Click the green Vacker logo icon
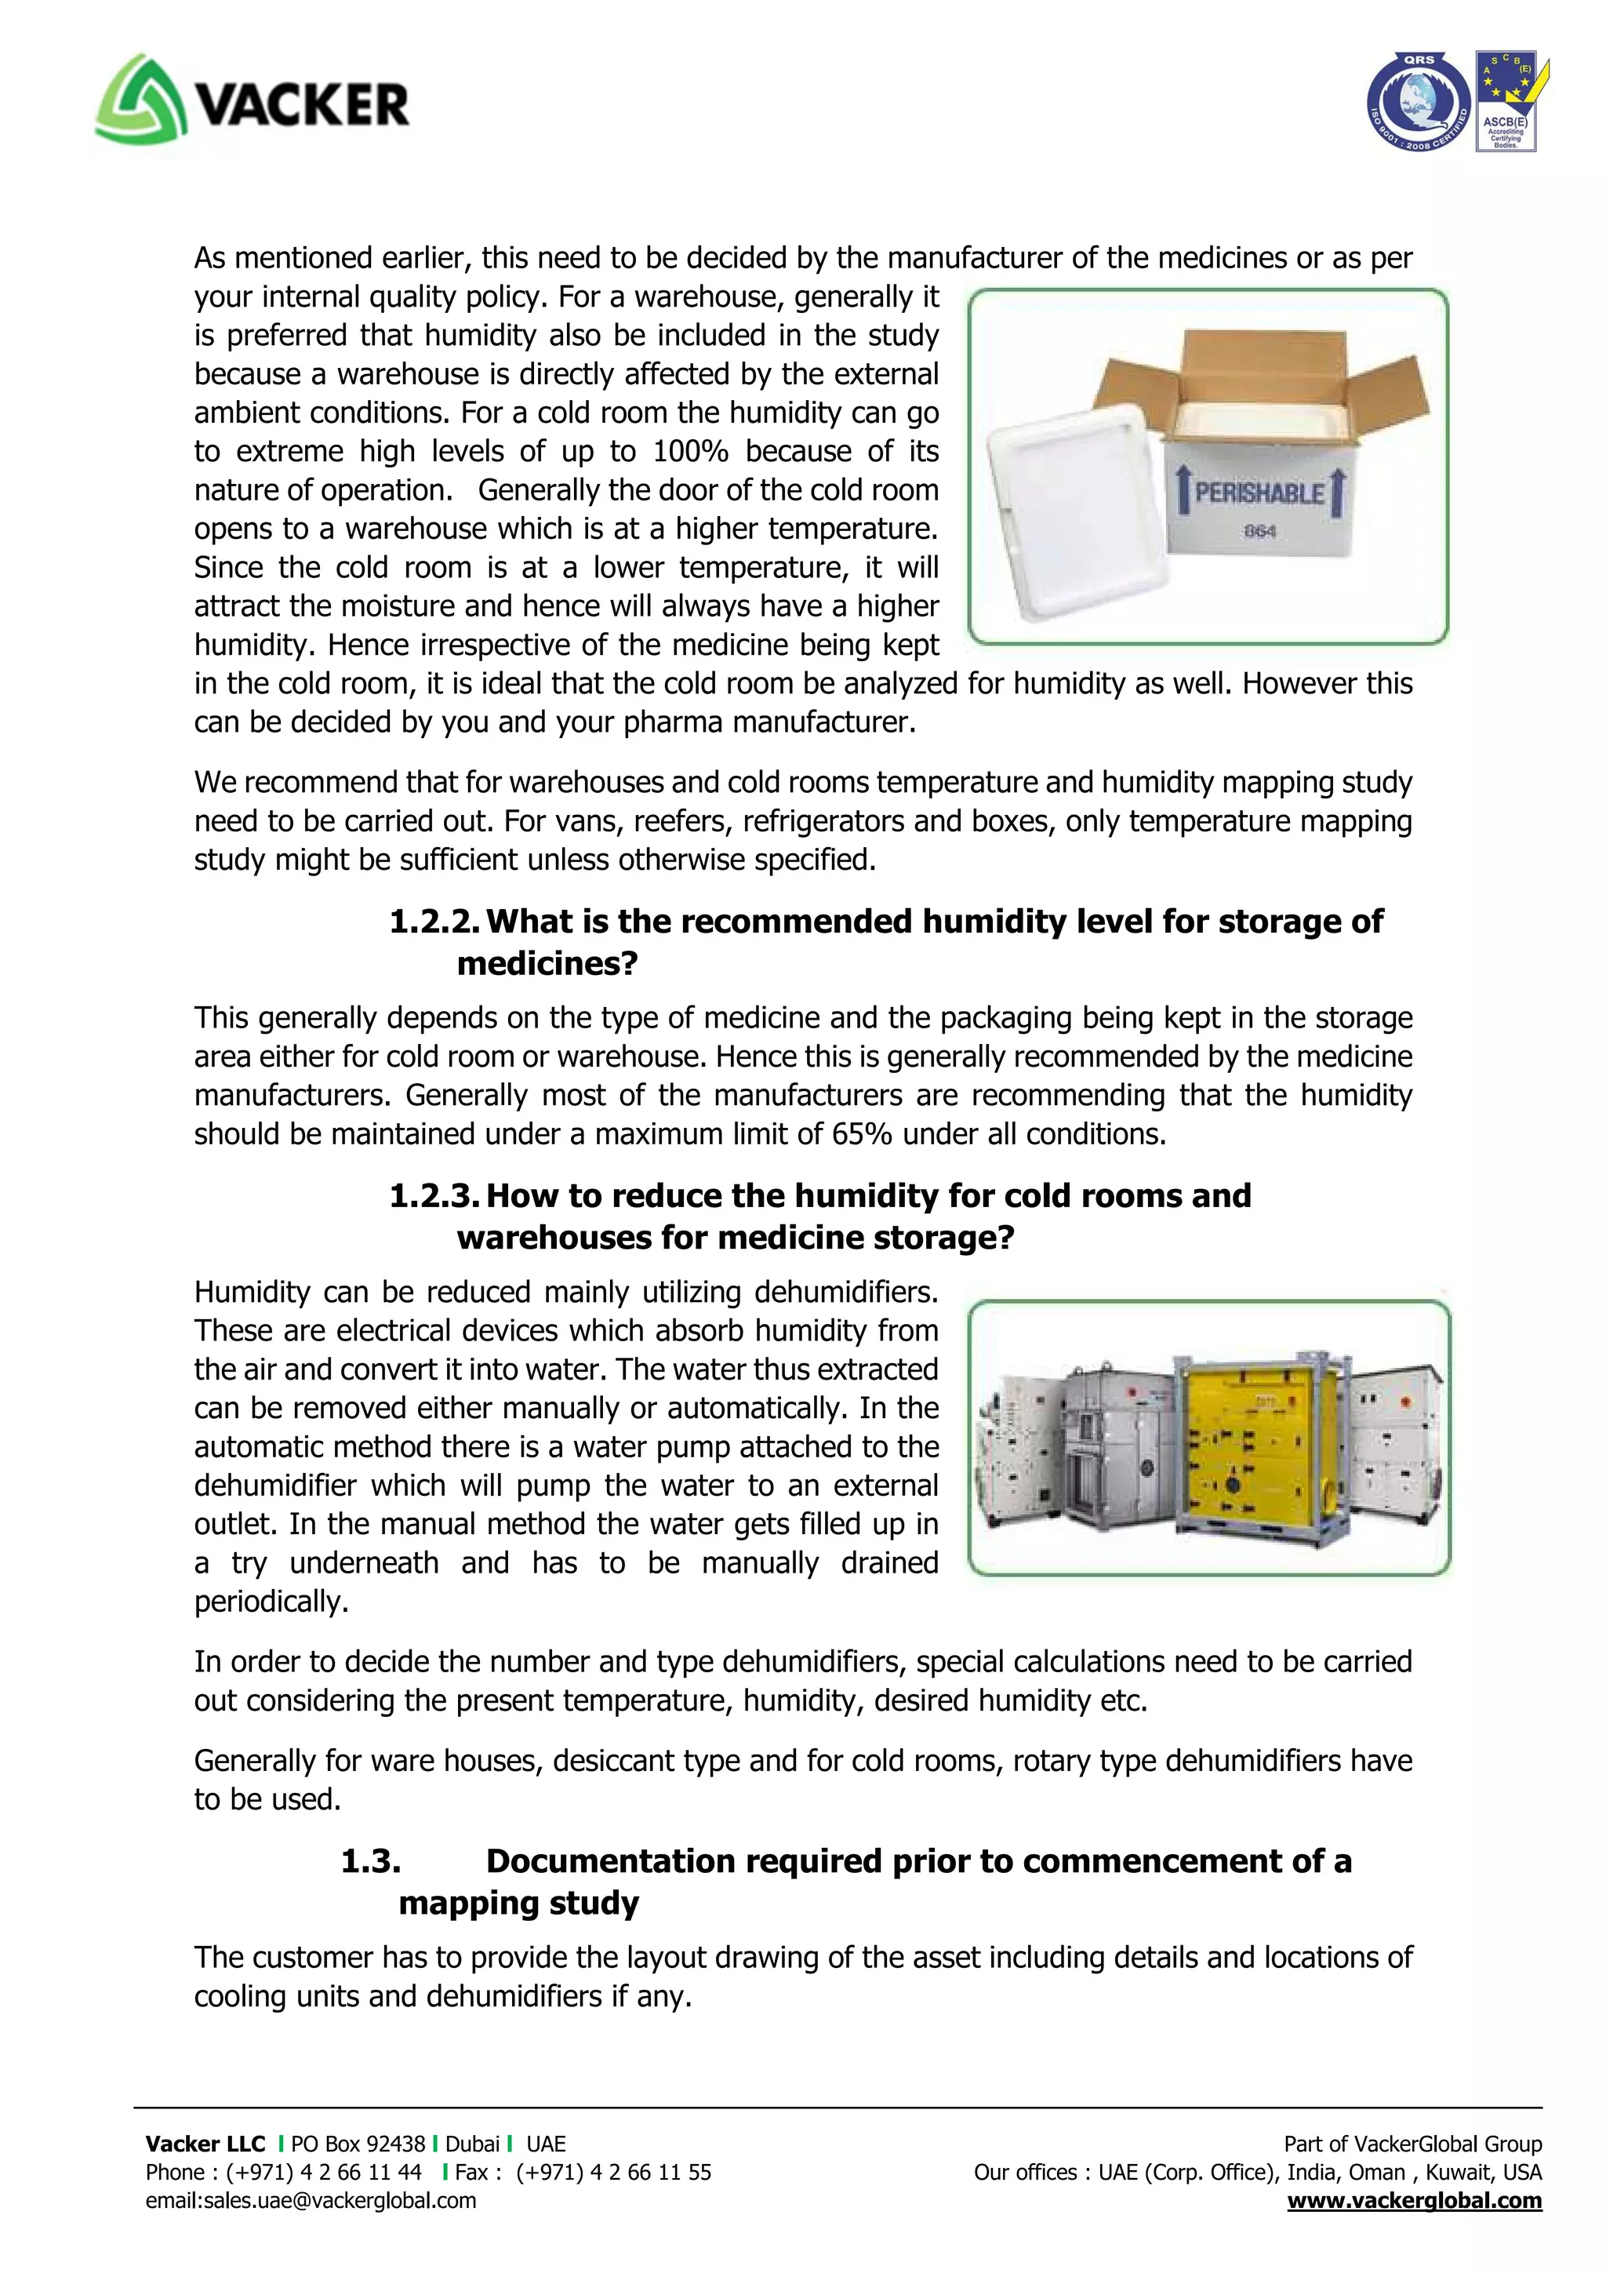pyautogui.click(x=140, y=99)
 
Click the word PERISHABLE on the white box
pyautogui.click(x=1259, y=492)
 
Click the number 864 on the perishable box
pyautogui.click(x=1259, y=532)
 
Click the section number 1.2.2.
pyautogui.click(x=434, y=922)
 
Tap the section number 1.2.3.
pyautogui.click(x=434, y=1196)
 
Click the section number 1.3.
pyautogui.click(x=371, y=1861)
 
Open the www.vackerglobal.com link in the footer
pyautogui.click(x=1414, y=2201)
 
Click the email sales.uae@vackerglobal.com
pyautogui.click(x=311, y=2201)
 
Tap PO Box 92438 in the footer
pyautogui.click(x=358, y=2144)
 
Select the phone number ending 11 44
pyautogui.click(x=324, y=2172)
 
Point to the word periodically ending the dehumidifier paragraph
pyautogui.click(x=271, y=1602)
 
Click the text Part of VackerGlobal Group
pyautogui.click(x=1412, y=2144)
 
